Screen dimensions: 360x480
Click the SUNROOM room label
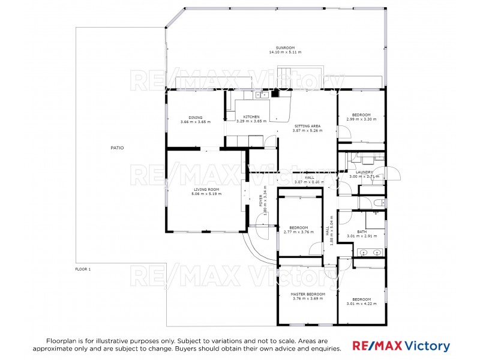(x=285, y=47)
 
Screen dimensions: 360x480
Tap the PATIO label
(x=117, y=148)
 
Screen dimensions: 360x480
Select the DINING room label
(x=196, y=117)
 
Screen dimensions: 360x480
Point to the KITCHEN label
(x=251, y=116)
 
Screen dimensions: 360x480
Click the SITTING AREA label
(x=307, y=126)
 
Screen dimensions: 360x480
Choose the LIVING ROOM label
(x=206, y=189)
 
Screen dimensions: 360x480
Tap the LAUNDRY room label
(x=364, y=172)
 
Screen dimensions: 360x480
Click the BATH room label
(x=362, y=232)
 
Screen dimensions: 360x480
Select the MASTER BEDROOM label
(x=308, y=294)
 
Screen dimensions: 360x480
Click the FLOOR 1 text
(x=83, y=269)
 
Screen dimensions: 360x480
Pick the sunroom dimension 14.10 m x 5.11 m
(x=285, y=52)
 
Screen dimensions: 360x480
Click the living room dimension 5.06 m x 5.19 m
(x=206, y=194)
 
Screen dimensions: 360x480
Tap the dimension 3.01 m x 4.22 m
(x=361, y=304)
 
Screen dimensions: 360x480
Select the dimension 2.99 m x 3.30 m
(x=361, y=119)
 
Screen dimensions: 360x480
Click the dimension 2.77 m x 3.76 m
(x=299, y=232)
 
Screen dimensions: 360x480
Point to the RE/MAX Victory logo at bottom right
(x=401, y=346)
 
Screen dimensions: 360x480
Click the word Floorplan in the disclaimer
(x=61, y=340)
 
